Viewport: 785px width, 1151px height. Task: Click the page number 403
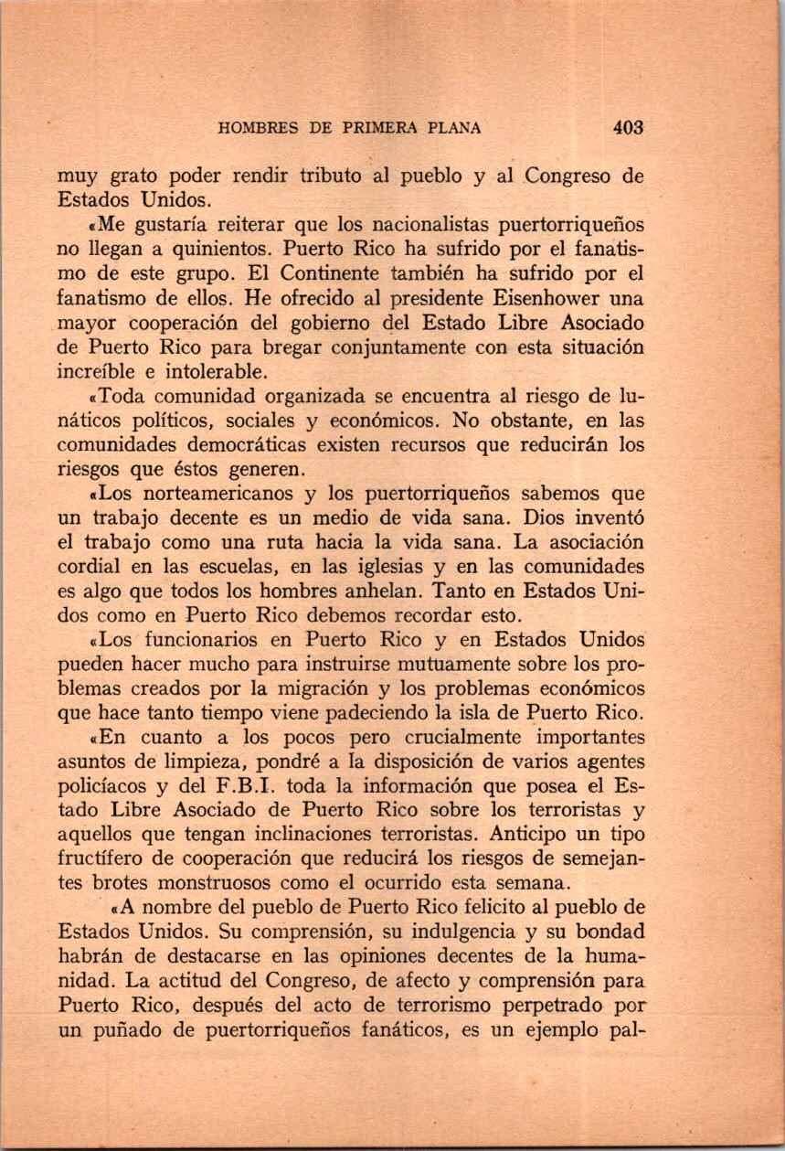tap(629, 128)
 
